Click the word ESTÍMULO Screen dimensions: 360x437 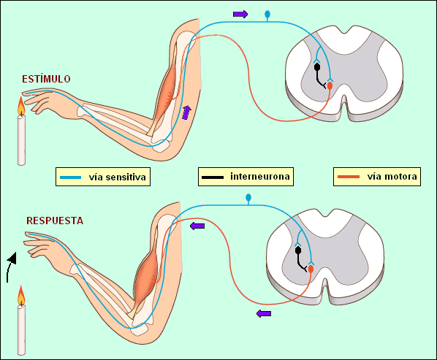coord(46,78)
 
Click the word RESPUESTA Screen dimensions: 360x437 coord(55,220)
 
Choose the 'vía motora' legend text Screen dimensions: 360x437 coord(392,177)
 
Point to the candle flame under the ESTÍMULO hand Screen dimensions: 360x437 coord(22,107)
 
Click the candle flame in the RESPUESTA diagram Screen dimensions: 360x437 coord(21,296)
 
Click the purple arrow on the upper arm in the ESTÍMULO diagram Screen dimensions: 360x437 coord(186,112)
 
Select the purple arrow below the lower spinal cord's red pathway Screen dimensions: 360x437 coord(264,313)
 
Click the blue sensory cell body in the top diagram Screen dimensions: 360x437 coord(267,14)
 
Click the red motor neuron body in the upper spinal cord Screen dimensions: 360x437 coord(330,85)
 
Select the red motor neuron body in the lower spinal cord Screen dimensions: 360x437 coord(311,269)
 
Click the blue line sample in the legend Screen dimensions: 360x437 coord(72,177)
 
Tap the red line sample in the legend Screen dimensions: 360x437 coord(349,177)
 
